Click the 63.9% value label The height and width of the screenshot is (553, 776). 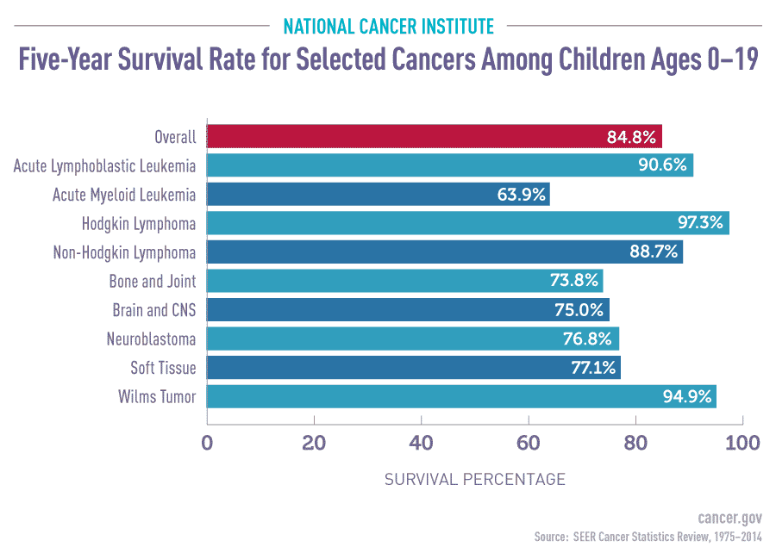coord(522,195)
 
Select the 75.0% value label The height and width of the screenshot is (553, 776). coord(582,310)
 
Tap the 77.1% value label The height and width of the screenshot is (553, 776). coord(593,368)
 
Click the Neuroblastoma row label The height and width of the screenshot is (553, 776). coord(152,339)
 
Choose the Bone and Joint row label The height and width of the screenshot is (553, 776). coord(153,281)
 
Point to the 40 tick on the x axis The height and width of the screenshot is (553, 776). coord(421,444)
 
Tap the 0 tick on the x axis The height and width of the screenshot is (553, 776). coord(207,444)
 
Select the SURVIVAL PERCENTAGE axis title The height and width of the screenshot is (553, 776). coord(475,479)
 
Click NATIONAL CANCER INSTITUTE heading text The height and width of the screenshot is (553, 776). coord(388,25)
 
